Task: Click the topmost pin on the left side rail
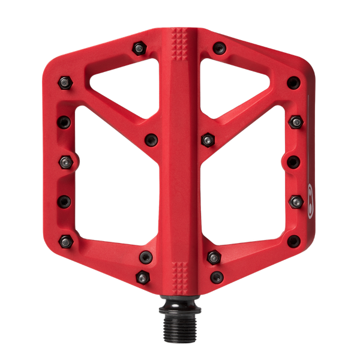click(65, 80)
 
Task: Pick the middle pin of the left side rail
click(66, 161)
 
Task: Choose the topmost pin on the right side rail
click(293, 82)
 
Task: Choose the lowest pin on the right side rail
click(293, 241)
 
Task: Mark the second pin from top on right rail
click(295, 122)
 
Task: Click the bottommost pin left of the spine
click(142, 277)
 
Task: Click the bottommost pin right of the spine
click(217, 277)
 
